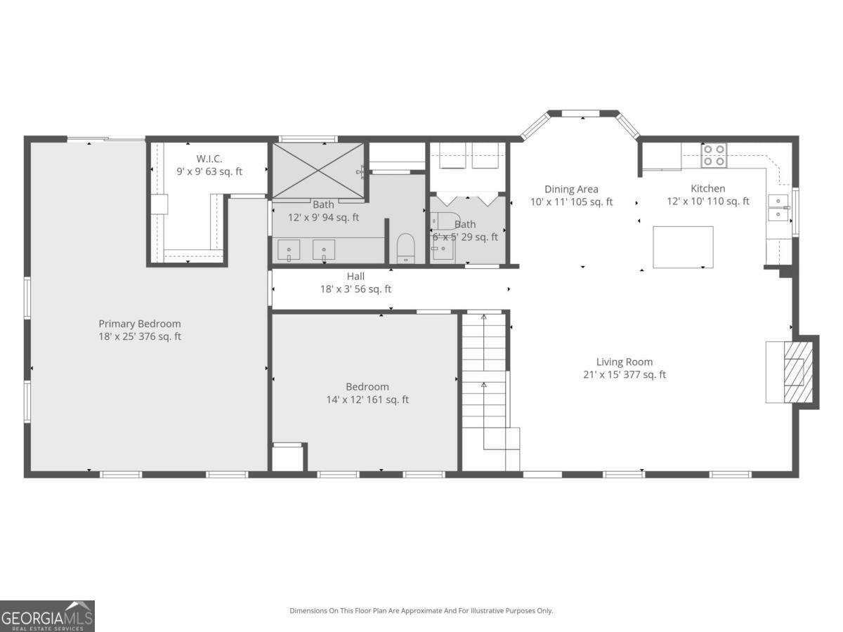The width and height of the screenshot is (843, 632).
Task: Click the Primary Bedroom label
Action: point(139,324)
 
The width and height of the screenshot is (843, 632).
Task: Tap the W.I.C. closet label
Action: point(209,159)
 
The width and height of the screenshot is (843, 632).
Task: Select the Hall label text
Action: point(355,277)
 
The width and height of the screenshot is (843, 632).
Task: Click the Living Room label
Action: point(624,362)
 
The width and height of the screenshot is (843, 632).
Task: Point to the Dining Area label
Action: point(571,189)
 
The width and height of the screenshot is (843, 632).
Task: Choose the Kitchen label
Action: point(707,189)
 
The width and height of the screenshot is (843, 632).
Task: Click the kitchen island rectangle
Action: point(683,247)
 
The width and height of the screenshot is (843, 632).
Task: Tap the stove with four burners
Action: point(714,155)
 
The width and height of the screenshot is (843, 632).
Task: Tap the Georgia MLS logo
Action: point(47,616)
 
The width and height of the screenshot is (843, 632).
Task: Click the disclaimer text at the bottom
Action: point(421,611)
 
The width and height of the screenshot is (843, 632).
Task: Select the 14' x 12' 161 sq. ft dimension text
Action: point(367,400)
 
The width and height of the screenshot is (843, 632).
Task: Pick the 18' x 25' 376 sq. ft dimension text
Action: point(139,337)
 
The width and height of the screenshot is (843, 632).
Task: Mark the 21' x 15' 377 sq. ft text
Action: point(624,375)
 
